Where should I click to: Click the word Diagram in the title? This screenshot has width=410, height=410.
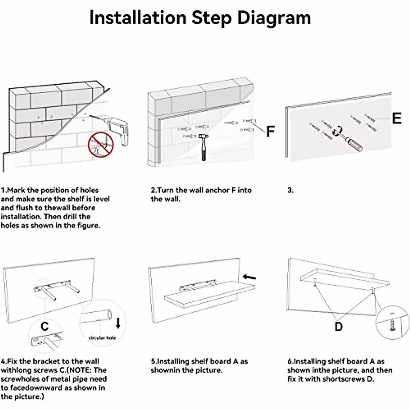(274, 18)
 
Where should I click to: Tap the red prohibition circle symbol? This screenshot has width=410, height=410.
(100, 145)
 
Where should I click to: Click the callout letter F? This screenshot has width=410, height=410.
(270, 131)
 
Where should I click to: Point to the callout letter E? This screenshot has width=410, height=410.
(396, 118)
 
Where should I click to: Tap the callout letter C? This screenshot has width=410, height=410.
(44, 327)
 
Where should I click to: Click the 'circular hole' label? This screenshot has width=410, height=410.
(102, 338)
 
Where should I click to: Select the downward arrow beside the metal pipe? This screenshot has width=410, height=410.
(118, 323)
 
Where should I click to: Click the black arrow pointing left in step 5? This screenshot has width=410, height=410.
(249, 277)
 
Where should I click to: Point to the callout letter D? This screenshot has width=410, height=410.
(338, 327)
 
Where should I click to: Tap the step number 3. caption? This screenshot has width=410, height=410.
(290, 190)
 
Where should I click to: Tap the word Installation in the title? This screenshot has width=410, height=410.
(137, 18)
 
